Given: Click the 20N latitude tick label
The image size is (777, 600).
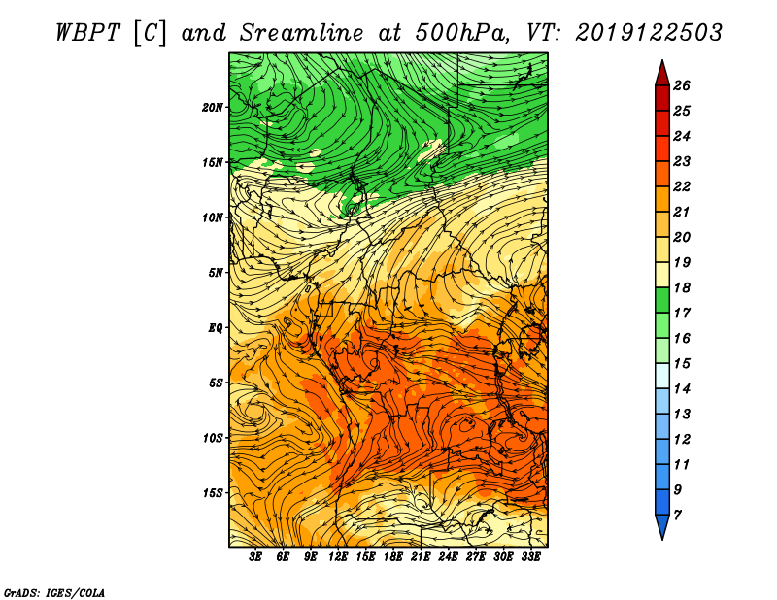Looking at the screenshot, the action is (213, 108).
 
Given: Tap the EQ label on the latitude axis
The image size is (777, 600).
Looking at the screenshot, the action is (215, 328).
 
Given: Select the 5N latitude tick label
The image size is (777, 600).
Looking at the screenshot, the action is (216, 273).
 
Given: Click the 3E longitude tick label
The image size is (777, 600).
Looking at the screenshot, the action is (255, 557).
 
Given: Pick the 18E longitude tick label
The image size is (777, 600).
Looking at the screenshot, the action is (393, 557).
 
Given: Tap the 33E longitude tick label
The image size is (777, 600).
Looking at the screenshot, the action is (530, 557).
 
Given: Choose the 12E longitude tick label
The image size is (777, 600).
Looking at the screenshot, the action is (338, 557).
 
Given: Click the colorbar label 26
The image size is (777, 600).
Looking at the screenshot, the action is (682, 85).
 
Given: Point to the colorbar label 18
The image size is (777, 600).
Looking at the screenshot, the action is (682, 287).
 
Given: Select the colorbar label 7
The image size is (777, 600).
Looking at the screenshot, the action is (677, 516).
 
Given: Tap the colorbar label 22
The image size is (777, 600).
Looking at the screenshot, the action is (682, 186).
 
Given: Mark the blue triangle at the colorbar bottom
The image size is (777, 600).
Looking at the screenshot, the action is (662, 525).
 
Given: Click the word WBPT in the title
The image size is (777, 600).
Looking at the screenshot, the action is (87, 33).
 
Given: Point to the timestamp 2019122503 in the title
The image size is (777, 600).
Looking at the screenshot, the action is (649, 33).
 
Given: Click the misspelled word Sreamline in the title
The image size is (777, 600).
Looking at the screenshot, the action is (302, 33).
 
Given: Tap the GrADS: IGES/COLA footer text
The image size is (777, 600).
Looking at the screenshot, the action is (54, 593).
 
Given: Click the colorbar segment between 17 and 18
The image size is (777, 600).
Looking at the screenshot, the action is (662, 300).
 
